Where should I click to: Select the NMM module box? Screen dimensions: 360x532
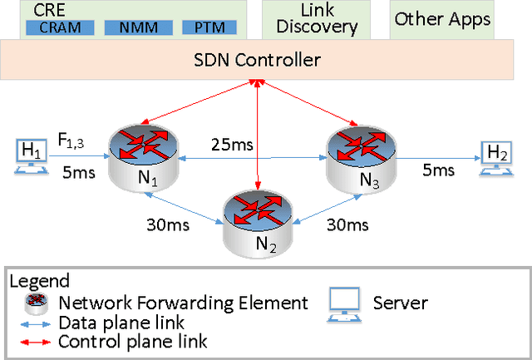coord(135,27)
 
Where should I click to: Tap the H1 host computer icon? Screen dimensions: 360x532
coord(32,155)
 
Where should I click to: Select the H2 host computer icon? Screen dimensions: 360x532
coord(496,155)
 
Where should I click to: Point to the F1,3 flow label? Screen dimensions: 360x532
coord(70,141)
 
